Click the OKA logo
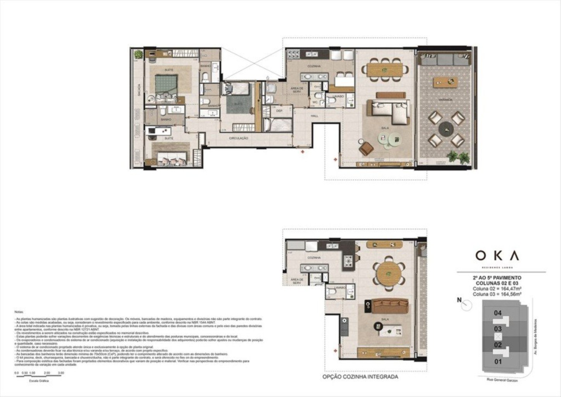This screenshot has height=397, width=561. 497,255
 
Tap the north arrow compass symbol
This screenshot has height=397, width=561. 466,305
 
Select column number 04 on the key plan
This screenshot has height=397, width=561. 498,313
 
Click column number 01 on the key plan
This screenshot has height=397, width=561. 498,362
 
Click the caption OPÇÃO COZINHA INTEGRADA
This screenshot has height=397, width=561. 360,376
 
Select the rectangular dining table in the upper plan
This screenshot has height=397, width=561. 385,70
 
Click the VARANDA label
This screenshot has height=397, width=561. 445,100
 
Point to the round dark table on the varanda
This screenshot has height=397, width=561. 445,129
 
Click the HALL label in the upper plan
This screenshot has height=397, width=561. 314,116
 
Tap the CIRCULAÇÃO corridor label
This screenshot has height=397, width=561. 238,138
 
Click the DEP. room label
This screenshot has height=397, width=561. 279,111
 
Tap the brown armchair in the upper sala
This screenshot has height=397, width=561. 366,147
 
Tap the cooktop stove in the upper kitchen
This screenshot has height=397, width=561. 292,56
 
